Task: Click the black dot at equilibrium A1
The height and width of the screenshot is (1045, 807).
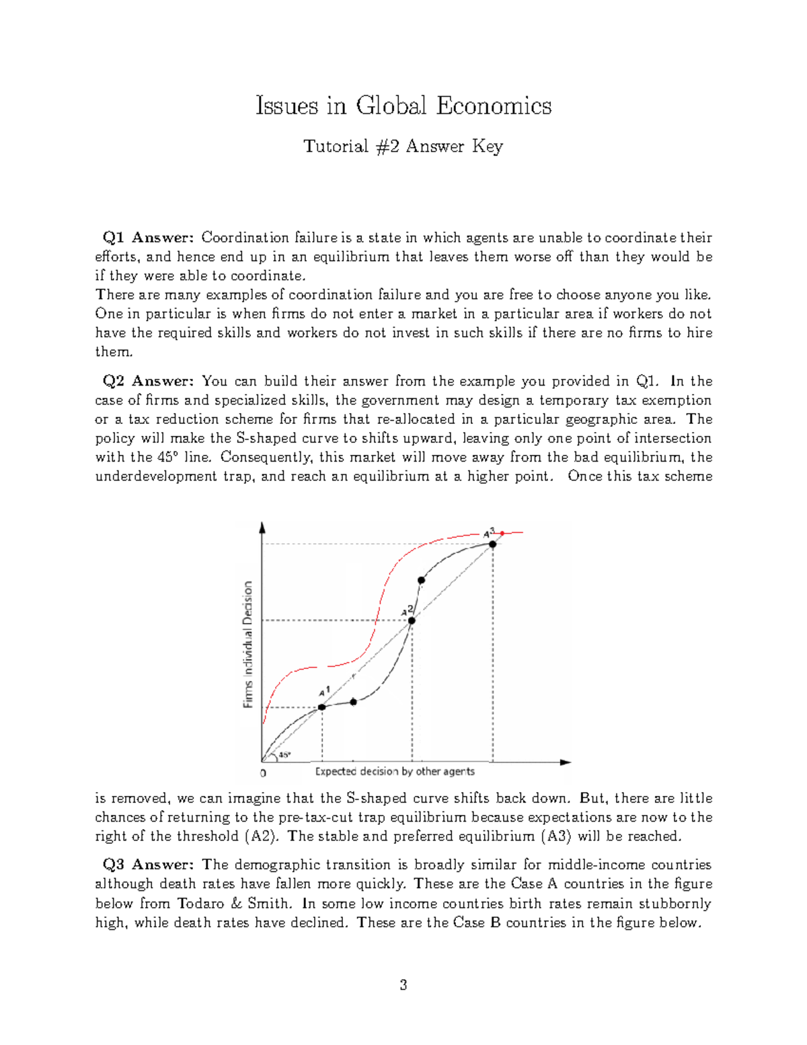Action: tap(321, 707)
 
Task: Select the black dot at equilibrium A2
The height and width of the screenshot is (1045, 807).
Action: tap(412, 620)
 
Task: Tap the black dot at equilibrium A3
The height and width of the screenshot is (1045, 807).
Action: tap(492, 544)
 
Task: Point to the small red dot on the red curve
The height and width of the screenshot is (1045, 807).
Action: tap(502, 533)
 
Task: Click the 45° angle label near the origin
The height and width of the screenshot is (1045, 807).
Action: tap(284, 754)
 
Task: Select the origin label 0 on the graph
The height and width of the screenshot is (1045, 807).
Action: tap(263, 772)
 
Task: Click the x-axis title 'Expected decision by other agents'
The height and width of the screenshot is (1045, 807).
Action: tap(395, 771)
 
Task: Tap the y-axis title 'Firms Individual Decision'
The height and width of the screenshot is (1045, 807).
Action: tap(248, 644)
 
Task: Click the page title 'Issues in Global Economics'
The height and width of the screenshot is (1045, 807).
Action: tap(403, 106)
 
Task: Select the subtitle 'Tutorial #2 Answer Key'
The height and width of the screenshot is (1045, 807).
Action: tap(403, 146)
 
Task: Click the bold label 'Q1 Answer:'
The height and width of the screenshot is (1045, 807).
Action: tap(148, 238)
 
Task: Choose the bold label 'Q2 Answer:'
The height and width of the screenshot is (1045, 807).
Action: tap(148, 381)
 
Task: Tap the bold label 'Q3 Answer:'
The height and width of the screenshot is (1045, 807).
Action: tap(148, 865)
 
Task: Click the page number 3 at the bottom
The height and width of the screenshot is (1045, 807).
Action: tap(403, 985)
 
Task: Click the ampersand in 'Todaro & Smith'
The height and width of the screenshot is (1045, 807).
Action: tap(235, 903)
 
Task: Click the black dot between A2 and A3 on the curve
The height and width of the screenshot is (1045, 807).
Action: tap(421, 580)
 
